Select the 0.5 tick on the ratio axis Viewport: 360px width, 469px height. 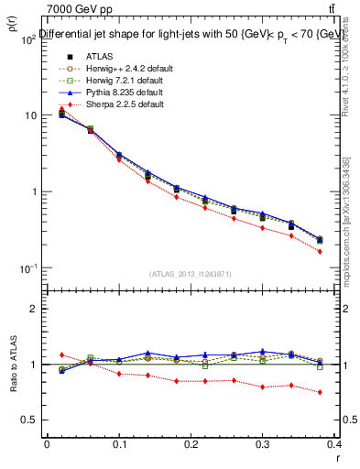pyautogui.click(x=29, y=420)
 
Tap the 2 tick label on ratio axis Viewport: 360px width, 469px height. pyautogui.click(x=34, y=310)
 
